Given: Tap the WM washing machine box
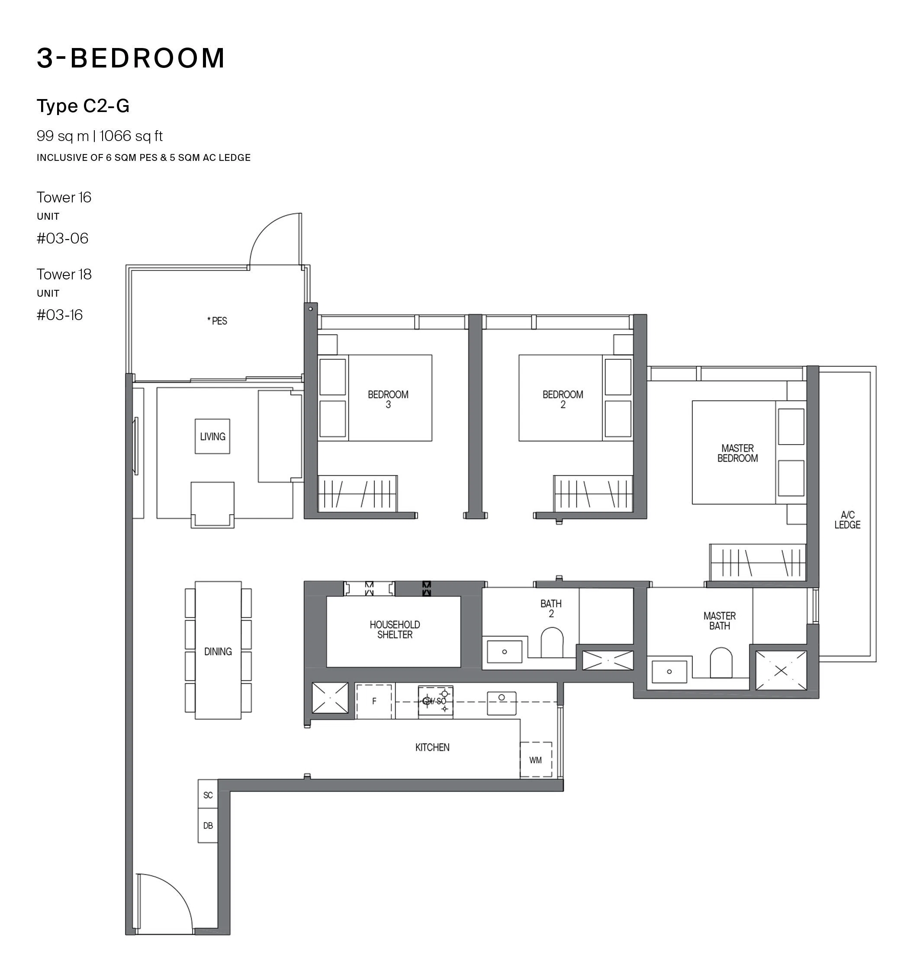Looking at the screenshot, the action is (536, 759).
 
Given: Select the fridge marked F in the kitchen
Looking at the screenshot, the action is (373, 701).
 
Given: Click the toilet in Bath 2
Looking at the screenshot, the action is (552, 642).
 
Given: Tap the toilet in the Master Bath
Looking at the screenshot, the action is (721, 662).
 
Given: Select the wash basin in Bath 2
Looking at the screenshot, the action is (505, 651).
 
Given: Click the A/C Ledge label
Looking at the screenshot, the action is (847, 519).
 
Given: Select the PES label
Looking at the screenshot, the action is (217, 321).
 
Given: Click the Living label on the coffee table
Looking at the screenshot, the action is (212, 436).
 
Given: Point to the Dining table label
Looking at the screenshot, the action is (218, 651).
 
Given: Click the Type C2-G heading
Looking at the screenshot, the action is (83, 106).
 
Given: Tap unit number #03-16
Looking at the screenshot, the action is (59, 314).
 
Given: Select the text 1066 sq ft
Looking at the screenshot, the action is (131, 136).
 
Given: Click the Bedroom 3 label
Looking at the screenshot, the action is (388, 399).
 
